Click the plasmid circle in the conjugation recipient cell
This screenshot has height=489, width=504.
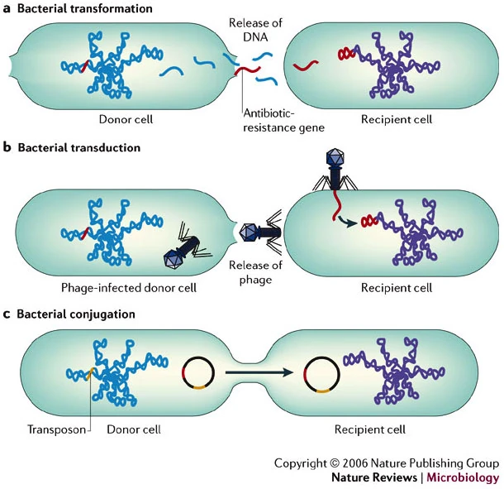point(321,373)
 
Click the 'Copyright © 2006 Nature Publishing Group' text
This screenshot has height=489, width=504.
point(387,463)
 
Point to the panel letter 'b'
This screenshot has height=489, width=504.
point(7,147)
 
